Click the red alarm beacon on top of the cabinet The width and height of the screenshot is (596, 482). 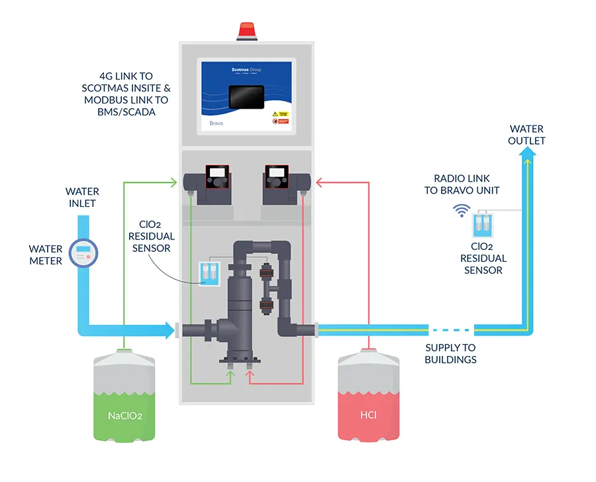point(246,30)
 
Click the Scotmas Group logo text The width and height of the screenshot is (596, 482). point(246,68)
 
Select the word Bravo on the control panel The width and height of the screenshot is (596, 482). point(211,123)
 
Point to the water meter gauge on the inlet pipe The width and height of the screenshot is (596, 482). point(82,253)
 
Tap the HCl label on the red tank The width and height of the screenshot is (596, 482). point(370,417)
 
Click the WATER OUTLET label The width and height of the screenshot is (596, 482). point(526,135)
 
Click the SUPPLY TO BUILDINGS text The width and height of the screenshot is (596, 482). point(450,353)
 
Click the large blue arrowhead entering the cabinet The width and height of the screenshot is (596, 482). point(165,328)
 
